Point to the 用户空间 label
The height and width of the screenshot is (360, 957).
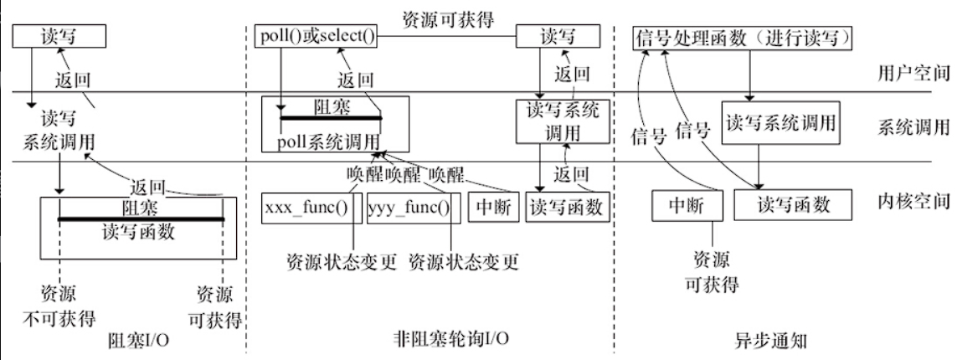913,73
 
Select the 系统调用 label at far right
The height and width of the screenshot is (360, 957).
913,127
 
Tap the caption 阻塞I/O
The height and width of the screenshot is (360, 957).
140,341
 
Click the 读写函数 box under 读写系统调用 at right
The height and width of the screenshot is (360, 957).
792,204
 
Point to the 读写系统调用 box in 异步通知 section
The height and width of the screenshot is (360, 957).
779,124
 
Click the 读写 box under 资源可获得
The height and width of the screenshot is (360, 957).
557,37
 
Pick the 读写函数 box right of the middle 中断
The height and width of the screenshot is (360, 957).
565,207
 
